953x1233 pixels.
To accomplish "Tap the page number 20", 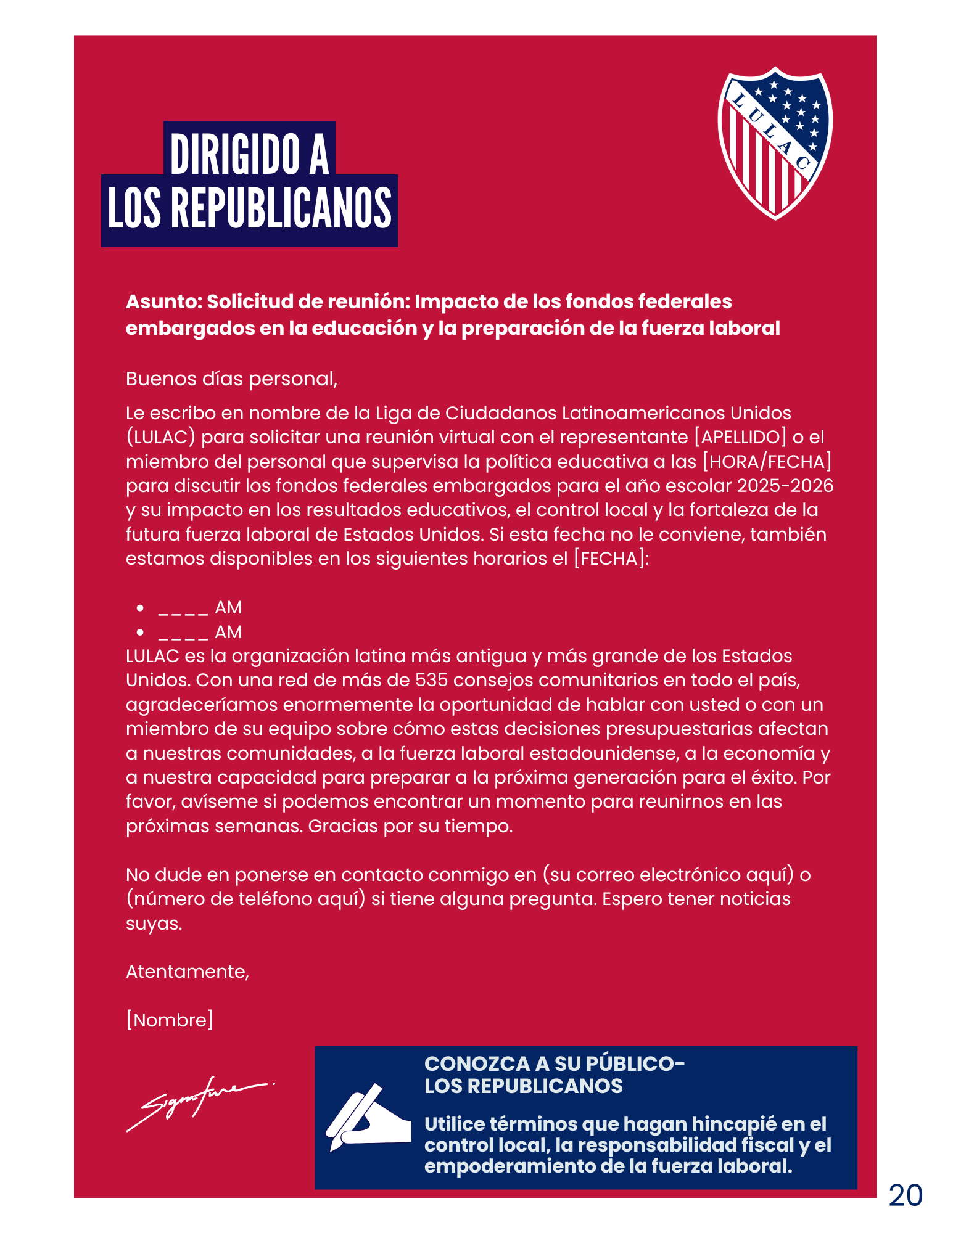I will pos(905,1195).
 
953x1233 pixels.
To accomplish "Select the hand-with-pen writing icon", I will pos(368,1116).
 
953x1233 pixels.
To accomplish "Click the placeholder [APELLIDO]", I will pos(740,437).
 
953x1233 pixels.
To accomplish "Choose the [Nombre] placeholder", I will pos(170,1020).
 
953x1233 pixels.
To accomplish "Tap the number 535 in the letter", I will pos(431,680).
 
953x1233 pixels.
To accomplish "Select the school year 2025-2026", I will pos(785,486).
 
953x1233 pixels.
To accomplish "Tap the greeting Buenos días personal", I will pos(231,379).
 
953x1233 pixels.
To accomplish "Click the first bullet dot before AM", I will pos(141,608).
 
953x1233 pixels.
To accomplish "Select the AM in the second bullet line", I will pos(228,632).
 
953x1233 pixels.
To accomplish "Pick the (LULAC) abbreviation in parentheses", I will pos(161,437).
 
